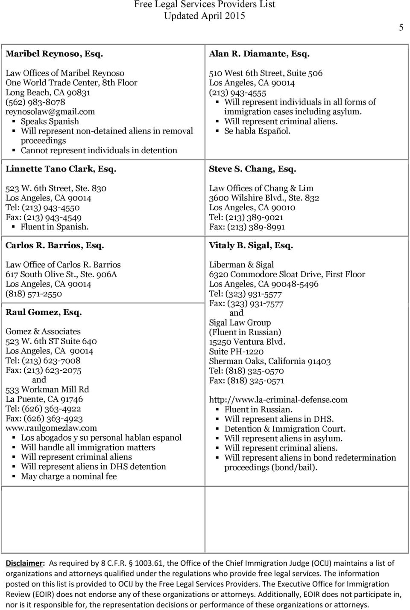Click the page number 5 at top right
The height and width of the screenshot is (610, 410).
point(401,27)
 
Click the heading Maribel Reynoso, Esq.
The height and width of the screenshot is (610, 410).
point(54,54)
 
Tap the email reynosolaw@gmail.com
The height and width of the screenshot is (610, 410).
point(50,112)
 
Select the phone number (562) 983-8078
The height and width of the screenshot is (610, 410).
point(35,102)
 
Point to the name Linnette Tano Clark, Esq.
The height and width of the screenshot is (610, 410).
point(61,169)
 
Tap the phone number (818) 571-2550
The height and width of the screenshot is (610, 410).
point(34,294)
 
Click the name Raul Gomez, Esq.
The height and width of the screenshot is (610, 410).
point(44,312)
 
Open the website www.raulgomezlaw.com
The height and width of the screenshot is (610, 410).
point(51,428)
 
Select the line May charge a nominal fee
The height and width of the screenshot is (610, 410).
point(69,476)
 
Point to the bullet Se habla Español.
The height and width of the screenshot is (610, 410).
point(258,131)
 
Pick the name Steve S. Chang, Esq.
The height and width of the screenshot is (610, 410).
point(252,169)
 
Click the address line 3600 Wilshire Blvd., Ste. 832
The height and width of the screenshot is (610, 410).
point(264,198)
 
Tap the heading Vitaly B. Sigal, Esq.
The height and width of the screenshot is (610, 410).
point(251,246)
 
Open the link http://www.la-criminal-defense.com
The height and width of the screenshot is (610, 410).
point(278,400)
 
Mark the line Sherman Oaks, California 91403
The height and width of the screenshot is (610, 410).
point(269,361)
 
